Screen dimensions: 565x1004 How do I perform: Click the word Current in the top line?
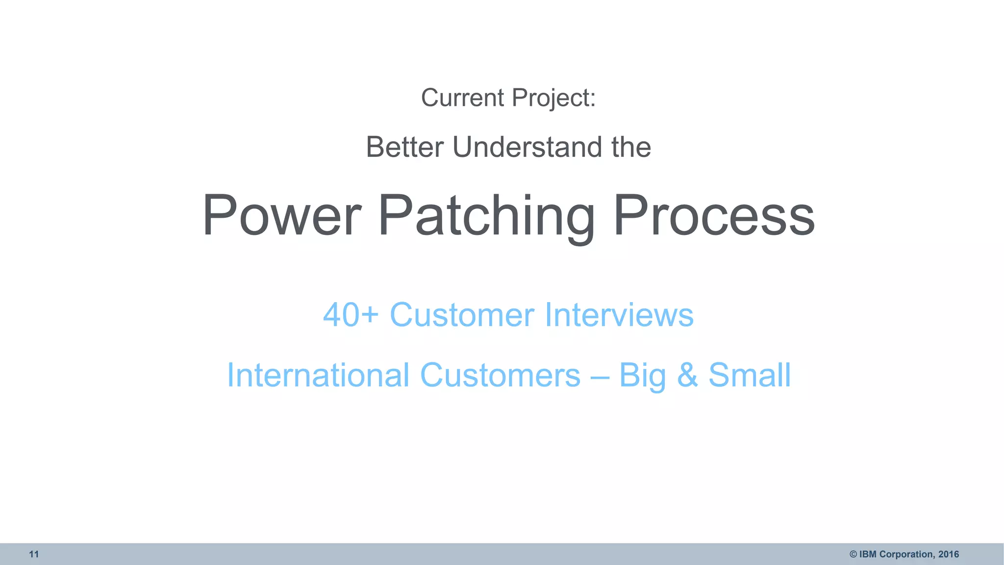coord(462,98)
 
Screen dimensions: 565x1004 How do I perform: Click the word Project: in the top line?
coord(553,98)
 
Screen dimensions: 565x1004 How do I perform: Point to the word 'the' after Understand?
coord(631,147)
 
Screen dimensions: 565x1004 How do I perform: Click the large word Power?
coord(282,216)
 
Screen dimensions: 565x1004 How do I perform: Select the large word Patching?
coord(486,216)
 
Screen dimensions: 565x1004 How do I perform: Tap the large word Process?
coord(714,216)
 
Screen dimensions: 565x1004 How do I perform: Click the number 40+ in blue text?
coord(351,314)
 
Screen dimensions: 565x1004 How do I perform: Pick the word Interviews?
coord(619,314)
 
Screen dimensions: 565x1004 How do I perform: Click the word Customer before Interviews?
coord(461,314)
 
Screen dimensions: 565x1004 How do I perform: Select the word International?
coord(318,375)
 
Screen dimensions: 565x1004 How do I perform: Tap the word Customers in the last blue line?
coord(500,375)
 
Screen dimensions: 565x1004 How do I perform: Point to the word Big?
coord(642,375)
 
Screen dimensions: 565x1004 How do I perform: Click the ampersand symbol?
coord(687,375)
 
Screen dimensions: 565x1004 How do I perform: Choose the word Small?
coord(750,375)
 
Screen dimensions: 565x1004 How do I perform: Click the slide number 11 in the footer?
coord(34,554)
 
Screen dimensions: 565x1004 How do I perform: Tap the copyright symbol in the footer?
coord(853,554)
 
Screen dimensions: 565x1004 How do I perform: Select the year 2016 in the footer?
coord(949,554)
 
